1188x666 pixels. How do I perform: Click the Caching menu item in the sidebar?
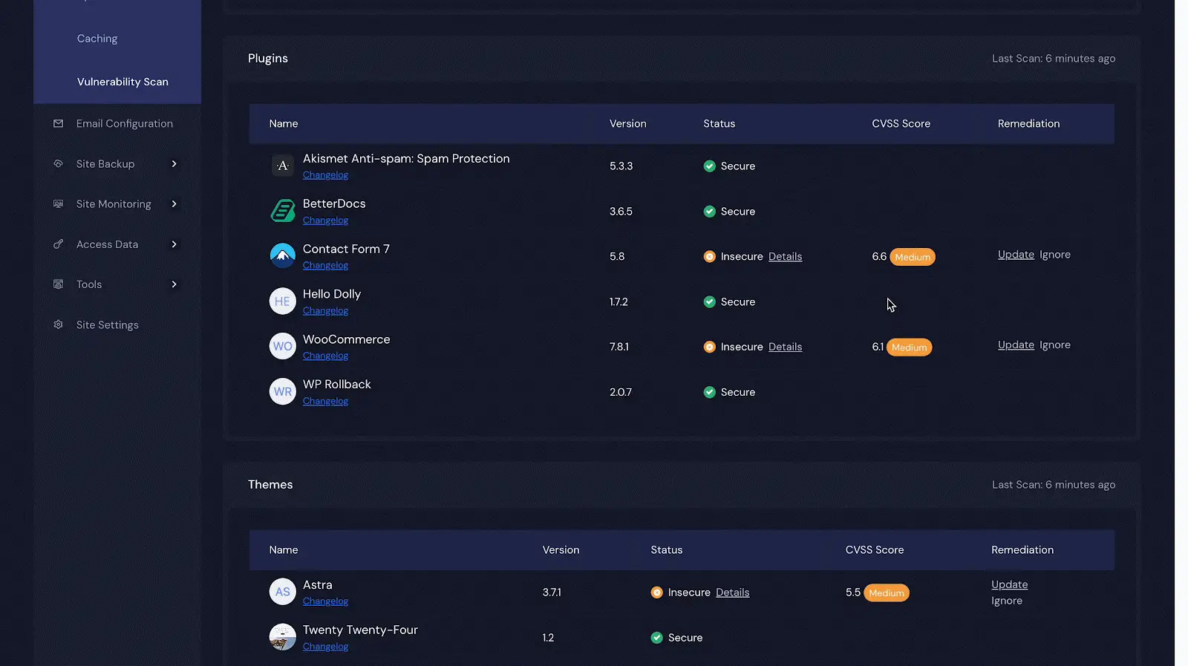point(97,39)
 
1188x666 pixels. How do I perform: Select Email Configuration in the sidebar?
point(124,123)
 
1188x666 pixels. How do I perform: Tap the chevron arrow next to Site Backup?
point(174,164)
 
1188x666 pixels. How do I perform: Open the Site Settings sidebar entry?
point(107,325)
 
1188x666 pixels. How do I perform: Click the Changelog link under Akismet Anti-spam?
point(325,175)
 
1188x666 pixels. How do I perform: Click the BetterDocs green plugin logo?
point(283,211)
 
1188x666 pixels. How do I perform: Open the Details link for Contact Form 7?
point(785,257)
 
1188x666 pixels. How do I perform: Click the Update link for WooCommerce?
point(1016,345)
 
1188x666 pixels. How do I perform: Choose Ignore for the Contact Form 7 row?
point(1055,255)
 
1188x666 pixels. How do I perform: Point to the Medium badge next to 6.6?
point(913,257)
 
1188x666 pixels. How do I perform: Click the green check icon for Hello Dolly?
point(709,301)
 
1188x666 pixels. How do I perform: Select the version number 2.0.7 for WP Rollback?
point(621,392)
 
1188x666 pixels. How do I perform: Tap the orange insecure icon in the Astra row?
point(656,592)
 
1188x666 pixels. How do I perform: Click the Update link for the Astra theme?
point(1009,584)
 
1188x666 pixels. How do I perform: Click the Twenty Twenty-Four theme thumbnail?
point(283,637)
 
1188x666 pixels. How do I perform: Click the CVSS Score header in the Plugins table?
point(901,123)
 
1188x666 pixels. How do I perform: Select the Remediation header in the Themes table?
point(1022,550)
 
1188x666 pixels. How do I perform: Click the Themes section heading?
point(270,485)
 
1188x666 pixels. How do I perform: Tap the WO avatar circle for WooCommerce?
point(283,346)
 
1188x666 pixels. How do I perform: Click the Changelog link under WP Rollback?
point(325,402)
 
